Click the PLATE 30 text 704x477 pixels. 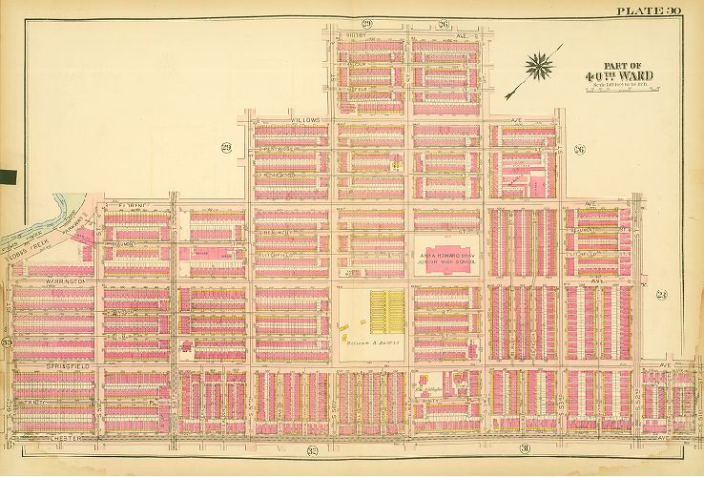point(648,10)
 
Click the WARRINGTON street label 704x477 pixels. point(66,282)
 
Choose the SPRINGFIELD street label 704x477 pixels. point(69,365)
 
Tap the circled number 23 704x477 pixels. point(661,294)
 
